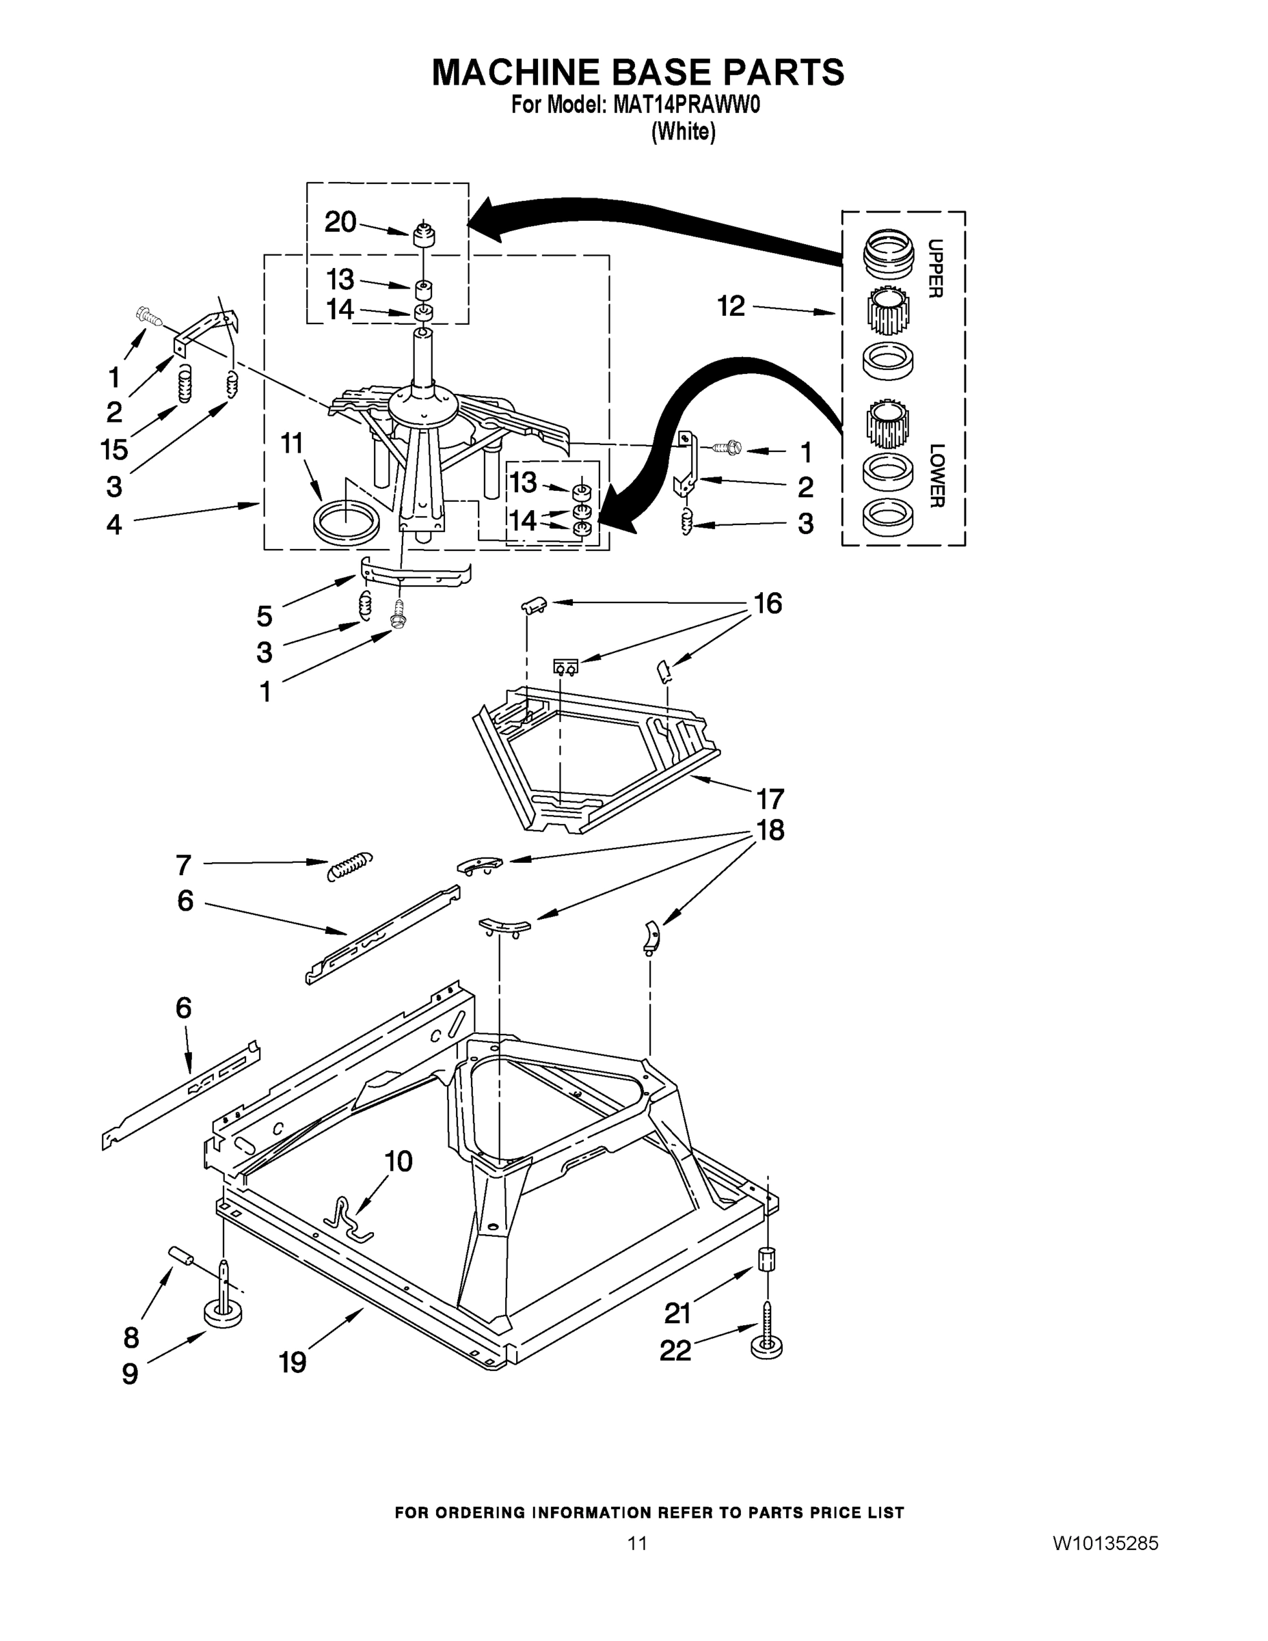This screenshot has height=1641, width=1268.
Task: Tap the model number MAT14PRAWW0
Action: pos(686,105)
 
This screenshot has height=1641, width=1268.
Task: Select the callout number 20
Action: pos(340,222)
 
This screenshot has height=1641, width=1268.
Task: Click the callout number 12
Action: pos(730,306)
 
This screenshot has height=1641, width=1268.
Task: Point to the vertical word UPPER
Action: pos(935,268)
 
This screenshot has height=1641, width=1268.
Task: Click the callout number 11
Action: pos(291,442)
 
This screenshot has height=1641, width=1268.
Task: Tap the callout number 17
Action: pos(770,798)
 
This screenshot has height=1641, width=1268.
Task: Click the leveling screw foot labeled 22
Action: pos(766,1342)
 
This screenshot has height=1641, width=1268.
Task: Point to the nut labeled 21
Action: pos(766,1258)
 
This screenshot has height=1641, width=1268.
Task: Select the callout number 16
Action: pos(768,602)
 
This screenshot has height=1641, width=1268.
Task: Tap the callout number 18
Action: pos(770,829)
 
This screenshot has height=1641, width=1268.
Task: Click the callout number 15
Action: pos(114,449)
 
